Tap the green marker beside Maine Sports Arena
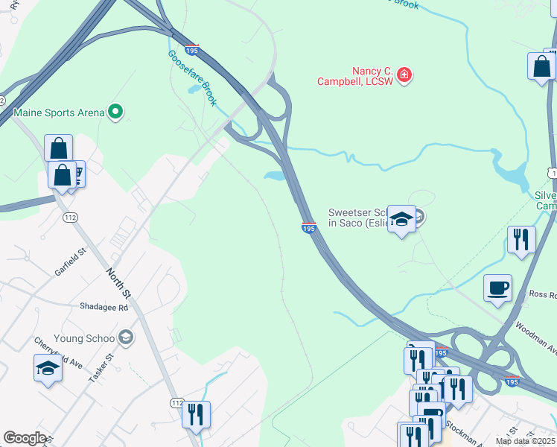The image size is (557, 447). pos(115,112)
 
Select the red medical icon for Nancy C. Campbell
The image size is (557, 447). pos(404,74)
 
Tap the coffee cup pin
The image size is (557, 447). pos(497,288)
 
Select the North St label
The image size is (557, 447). pos(118,282)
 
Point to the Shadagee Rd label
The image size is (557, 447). pos(104,307)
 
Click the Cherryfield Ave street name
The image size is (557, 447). pos(57,352)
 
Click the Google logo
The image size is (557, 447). pos(25,438)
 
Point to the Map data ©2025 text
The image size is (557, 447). pos(524,441)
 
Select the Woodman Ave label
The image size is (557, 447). pos(535,336)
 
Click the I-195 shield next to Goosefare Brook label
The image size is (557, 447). pos(192,50)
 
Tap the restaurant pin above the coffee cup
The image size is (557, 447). pos(521,240)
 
